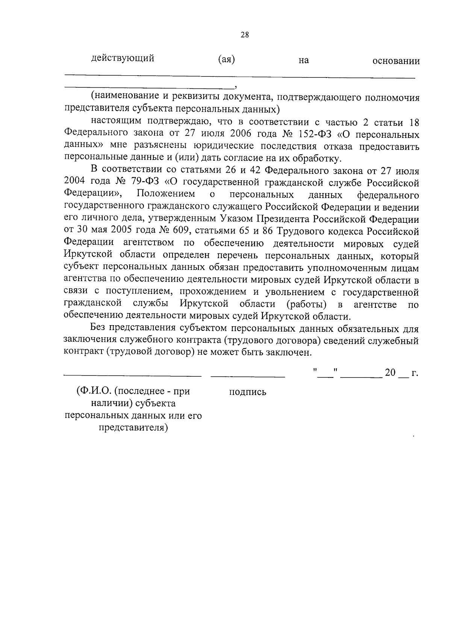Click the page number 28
244,35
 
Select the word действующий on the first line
123,58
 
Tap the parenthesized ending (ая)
226,59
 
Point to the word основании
396,61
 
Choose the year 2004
76,183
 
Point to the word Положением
166,194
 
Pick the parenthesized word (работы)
306,304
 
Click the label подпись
248,392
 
